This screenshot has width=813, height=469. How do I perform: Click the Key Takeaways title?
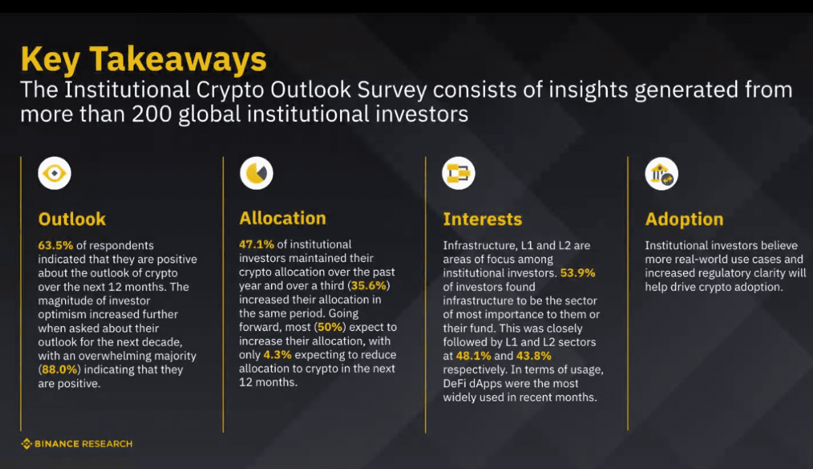tap(144, 60)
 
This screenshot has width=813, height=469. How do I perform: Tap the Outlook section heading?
tap(72, 219)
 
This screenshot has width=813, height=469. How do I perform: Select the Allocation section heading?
tap(283, 218)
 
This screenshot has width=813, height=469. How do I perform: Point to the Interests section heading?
tap(482, 219)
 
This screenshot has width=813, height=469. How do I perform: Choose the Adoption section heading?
tap(684, 219)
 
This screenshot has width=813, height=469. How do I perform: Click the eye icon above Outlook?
tap(54, 173)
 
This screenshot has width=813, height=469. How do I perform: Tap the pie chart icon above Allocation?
tap(256, 173)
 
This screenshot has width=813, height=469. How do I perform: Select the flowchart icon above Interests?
tap(459, 173)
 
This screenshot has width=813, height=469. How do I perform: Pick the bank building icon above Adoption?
tap(661, 174)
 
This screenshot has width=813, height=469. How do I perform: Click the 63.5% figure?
tap(56, 246)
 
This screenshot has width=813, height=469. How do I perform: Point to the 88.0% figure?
tap(60, 370)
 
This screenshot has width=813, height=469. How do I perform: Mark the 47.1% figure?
tap(257, 244)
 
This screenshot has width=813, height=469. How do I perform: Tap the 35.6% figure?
tap(369, 286)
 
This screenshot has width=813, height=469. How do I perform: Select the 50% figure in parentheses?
tap(330, 327)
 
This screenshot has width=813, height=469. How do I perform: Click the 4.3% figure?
tap(277, 355)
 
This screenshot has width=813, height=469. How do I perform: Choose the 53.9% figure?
tap(578, 273)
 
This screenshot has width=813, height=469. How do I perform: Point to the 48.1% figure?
tap(474, 355)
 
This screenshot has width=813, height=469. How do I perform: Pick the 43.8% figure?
tap(534, 355)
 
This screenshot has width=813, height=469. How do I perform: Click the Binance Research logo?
tap(77, 444)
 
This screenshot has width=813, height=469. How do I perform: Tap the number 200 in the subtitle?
tap(151, 114)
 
